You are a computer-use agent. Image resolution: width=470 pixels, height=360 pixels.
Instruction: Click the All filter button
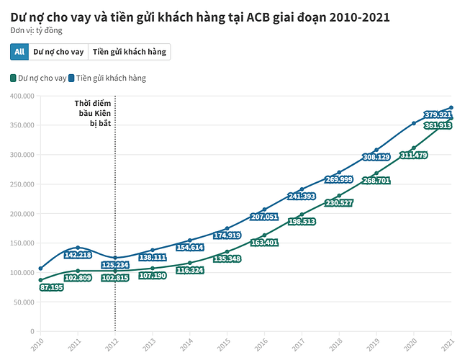click(19, 52)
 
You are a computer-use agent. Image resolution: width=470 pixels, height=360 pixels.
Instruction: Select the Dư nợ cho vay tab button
click(58, 52)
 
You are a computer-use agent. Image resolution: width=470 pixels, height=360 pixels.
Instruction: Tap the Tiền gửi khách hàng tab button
click(130, 52)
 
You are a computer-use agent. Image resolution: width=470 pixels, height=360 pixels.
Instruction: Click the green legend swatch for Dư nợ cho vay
click(14, 78)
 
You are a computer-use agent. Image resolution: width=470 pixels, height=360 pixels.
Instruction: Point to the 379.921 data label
click(438, 114)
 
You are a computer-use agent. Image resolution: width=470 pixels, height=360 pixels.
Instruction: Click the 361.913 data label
click(438, 126)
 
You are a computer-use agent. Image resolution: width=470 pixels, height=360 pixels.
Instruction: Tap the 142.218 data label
click(78, 255)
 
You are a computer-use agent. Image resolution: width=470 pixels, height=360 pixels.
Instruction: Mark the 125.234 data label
click(115, 265)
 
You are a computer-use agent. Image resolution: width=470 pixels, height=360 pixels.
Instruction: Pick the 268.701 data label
click(376, 181)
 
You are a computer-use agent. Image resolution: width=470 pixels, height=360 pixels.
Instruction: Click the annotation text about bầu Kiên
click(93, 113)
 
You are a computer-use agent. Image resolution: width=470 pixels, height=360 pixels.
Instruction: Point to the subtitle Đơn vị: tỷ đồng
click(37, 31)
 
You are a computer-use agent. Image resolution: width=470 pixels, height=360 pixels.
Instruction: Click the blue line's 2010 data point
click(40, 269)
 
